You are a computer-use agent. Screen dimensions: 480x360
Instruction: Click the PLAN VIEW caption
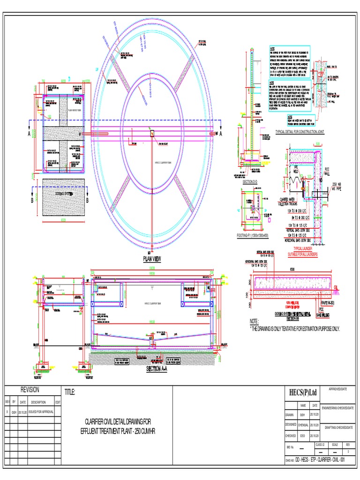point(151,258)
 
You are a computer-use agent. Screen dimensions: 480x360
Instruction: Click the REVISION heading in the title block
point(30,390)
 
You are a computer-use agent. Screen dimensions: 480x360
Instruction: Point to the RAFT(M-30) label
point(327,303)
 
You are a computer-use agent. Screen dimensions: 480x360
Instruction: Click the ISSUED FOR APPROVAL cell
point(41,412)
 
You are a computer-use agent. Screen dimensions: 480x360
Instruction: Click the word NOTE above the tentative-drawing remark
point(255,322)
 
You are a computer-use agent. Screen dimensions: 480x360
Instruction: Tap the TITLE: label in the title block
point(69,392)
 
